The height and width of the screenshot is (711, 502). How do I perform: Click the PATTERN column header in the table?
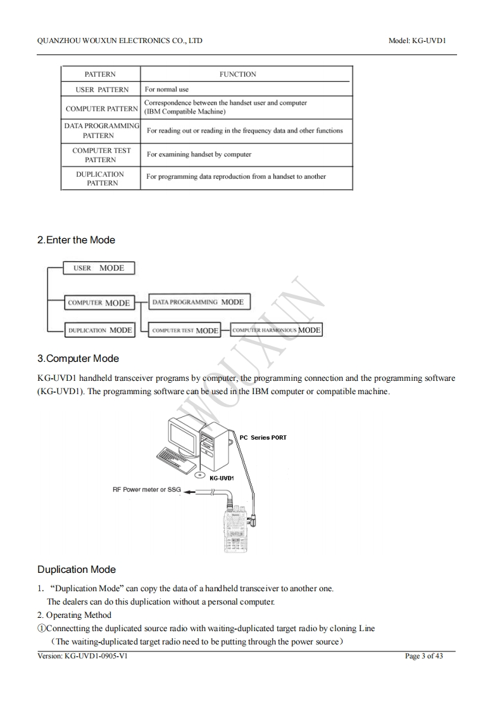pos(100,74)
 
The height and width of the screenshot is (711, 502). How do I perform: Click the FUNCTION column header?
pos(238,74)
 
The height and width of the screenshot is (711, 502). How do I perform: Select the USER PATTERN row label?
pos(101,89)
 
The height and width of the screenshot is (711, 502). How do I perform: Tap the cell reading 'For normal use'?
pos(166,89)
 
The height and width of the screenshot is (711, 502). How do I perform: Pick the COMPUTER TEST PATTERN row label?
pos(101,155)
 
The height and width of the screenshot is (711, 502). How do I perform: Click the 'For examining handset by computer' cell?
pos(199,154)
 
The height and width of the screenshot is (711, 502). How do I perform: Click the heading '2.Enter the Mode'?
pos(76,240)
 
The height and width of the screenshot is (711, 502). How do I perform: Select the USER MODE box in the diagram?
pos(99,268)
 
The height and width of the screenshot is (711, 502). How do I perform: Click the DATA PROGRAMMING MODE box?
pos(198,302)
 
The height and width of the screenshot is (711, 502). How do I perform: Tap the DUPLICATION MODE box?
pos(99,330)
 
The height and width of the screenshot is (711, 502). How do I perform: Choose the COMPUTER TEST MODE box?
pos(185,330)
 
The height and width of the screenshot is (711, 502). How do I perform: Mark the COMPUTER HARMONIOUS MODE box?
pos(276,330)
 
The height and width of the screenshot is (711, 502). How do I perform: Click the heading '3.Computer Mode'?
pos(78,359)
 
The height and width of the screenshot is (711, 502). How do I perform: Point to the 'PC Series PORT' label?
pos(263,437)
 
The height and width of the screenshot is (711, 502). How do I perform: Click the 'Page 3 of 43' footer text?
pos(424,656)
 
